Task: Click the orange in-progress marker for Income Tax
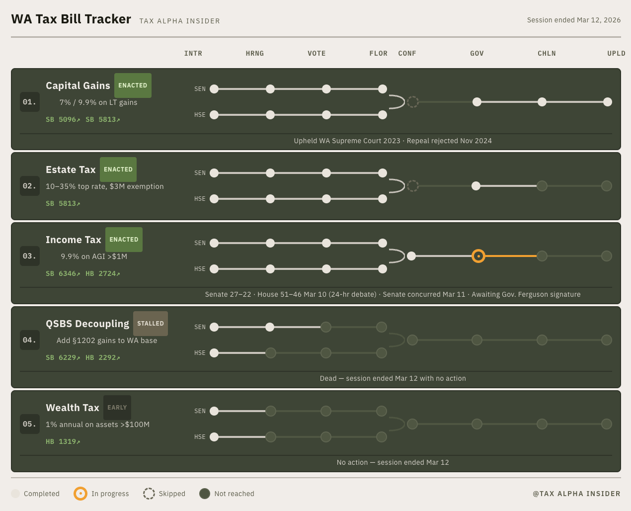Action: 478,256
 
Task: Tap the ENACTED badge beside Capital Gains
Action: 133,85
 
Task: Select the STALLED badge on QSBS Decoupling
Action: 150,324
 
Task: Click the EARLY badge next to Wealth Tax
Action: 117,407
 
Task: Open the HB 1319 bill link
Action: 63,441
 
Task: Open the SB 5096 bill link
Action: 63,119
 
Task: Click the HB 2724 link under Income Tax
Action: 103,273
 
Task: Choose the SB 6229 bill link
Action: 63,357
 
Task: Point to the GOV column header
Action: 477,53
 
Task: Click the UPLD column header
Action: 616,53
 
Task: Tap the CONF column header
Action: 407,53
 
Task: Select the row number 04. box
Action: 30,340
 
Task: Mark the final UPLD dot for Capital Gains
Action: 608,102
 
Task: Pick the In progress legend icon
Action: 80,494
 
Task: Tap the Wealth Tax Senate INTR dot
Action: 214,411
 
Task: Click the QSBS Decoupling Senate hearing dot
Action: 270,327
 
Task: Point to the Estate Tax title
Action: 71,170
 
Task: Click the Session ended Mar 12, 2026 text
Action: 574,20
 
